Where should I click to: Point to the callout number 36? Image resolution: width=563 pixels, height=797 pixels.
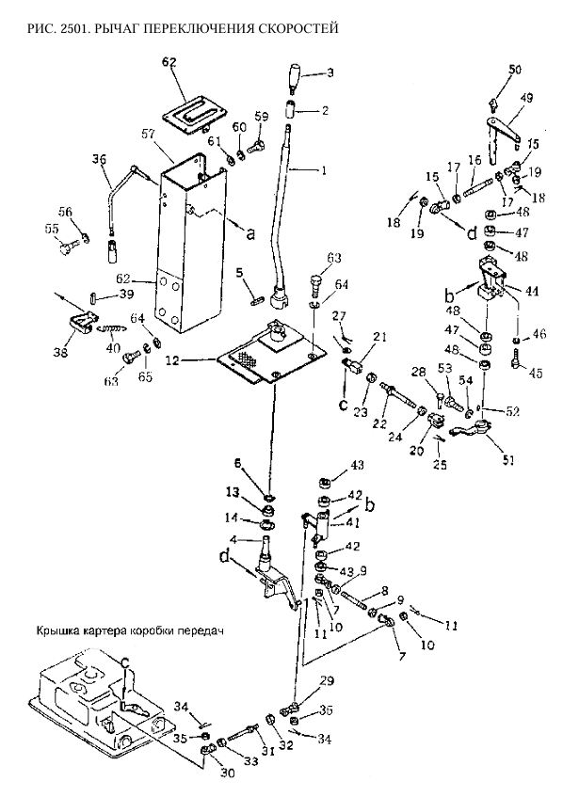[x=100, y=159]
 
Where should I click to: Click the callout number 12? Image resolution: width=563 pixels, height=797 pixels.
[x=173, y=361]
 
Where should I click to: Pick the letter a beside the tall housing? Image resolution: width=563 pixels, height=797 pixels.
[x=249, y=233]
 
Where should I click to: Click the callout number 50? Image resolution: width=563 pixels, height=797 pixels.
[x=515, y=69]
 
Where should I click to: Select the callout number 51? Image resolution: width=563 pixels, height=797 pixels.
[x=508, y=460]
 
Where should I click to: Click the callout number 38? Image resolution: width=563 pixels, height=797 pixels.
[x=60, y=352]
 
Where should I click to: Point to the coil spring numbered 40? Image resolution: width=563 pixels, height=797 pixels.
[x=114, y=330]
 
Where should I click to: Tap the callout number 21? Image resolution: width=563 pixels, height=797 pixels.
[x=381, y=337]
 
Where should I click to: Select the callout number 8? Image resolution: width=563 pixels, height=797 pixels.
[x=384, y=591]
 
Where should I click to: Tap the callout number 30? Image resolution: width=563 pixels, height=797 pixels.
[x=228, y=773]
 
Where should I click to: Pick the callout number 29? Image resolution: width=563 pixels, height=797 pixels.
[x=327, y=680]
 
